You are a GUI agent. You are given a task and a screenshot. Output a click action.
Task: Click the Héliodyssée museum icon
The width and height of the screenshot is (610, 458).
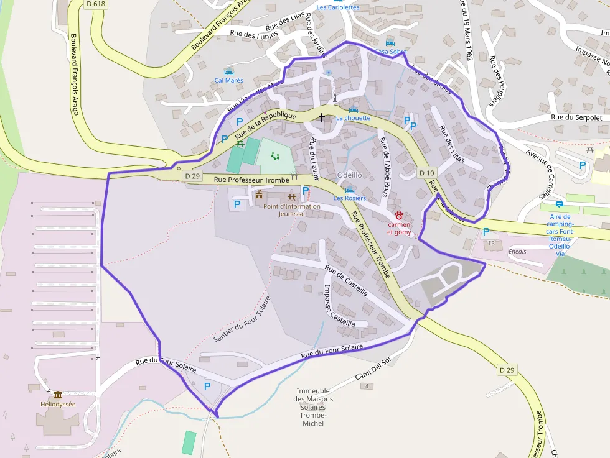tap(58, 395)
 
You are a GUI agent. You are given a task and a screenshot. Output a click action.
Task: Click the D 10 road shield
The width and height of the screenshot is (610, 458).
tap(426, 172)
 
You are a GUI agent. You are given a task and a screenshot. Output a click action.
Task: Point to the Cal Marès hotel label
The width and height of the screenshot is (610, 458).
tap(228, 80)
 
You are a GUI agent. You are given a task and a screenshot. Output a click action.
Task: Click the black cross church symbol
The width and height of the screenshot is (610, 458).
tap(322, 117)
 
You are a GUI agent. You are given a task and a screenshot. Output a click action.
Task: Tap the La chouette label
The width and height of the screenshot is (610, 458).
tap(353, 118)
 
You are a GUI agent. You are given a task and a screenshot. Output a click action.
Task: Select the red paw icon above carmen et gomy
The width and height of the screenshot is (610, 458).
tap(398, 214)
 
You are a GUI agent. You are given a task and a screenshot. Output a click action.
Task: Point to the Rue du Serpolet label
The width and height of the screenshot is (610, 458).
tap(576, 117)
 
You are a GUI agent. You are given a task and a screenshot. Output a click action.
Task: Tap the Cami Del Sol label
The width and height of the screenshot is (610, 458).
tap(372, 370)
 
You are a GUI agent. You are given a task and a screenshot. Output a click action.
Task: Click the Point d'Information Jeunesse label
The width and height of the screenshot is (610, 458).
tap(291, 210)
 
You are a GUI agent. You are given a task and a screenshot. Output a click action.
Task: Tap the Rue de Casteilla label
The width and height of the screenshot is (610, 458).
tap(346, 282)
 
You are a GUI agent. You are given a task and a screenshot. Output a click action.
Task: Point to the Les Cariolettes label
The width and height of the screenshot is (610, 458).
tap(337, 7)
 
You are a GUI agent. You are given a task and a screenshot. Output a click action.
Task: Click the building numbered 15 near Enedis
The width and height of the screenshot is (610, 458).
tap(491, 243)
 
